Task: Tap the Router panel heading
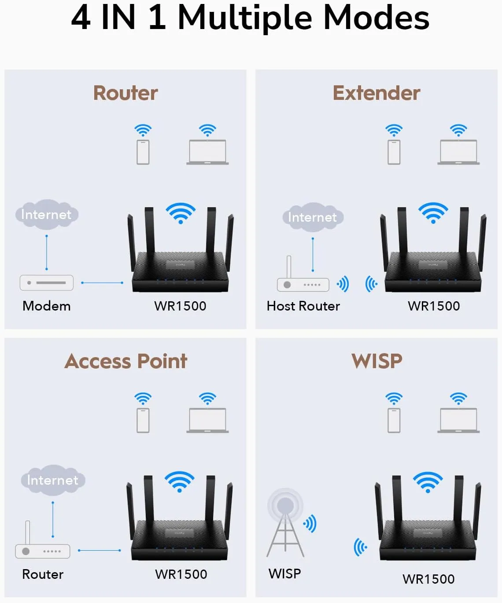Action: [x=125, y=93]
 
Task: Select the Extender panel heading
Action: [x=376, y=93]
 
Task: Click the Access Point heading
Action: [x=126, y=361]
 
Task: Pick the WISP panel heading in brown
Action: [x=376, y=361]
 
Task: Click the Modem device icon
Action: [x=47, y=283]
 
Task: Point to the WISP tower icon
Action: [x=285, y=523]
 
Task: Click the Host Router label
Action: [x=303, y=306]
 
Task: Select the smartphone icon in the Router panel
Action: [x=143, y=152]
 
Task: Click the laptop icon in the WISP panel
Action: [x=458, y=420]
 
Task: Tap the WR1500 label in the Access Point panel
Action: [x=181, y=574]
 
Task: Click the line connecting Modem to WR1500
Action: [x=102, y=283]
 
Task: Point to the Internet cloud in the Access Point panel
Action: [x=53, y=480]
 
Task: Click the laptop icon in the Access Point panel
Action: [x=207, y=420]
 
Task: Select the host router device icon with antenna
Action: [x=303, y=281]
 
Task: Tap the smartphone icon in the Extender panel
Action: [x=394, y=152]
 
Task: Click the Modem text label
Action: [x=47, y=306]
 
